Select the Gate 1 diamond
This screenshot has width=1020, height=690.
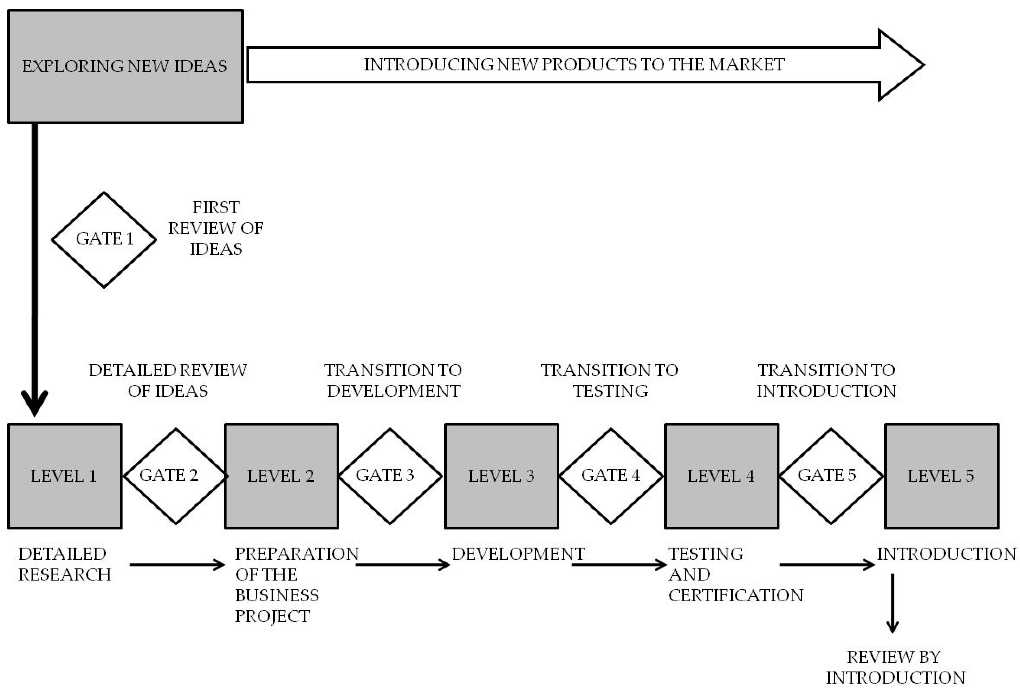click(x=104, y=240)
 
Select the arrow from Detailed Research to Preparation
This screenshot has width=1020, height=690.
click(x=177, y=564)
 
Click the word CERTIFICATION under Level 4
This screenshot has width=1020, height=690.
click(x=736, y=596)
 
